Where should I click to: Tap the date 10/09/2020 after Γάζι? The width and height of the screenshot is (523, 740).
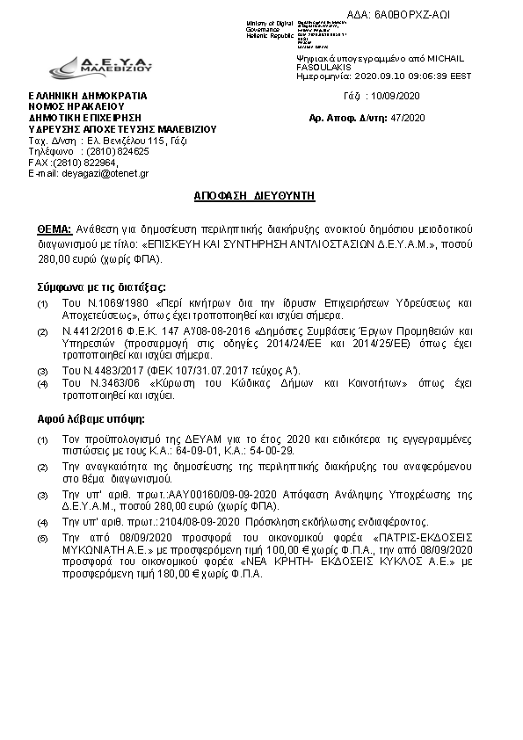[396, 95]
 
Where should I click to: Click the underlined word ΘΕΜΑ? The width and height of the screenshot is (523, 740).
[54, 224]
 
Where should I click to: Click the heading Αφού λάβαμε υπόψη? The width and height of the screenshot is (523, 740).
[84, 418]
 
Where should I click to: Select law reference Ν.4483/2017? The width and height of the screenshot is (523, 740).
[106, 371]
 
